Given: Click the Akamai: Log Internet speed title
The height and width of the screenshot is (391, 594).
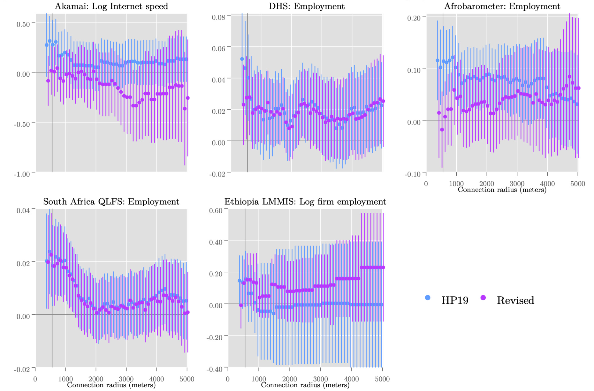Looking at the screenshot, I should click(111, 6).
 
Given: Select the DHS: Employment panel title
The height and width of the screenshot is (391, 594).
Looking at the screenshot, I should click(307, 6).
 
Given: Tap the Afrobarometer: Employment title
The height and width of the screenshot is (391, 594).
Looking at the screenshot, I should click(502, 6).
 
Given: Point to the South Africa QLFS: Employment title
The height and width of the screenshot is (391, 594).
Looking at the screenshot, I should click(111, 202).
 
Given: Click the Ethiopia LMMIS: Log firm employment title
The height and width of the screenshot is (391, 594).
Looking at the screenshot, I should click(305, 202).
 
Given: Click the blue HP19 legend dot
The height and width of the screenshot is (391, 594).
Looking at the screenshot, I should click(428, 298).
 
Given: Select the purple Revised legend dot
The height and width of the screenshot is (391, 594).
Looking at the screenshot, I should click(483, 298).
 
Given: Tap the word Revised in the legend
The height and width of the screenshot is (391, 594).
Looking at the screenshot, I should click(515, 301).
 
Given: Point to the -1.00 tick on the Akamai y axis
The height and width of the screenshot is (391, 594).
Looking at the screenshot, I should click(22, 174).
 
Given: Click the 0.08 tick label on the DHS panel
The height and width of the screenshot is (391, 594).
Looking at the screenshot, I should click(218, 17).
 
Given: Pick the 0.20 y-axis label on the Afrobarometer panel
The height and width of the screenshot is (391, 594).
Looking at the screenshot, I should click(414, 18).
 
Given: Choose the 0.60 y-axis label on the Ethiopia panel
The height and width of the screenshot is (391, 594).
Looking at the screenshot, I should click(216, 211).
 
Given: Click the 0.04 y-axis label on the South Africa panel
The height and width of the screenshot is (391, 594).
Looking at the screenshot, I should click(23, 211).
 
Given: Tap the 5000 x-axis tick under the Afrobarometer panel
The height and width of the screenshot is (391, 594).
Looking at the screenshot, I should click(578, 184).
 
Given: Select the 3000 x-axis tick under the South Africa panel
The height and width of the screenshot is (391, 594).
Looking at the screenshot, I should click(126, 379).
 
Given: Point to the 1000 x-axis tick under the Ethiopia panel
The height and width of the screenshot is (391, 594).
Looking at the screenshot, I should click(258, 379).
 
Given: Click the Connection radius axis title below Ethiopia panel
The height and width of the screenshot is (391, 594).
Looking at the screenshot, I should click(305, 385).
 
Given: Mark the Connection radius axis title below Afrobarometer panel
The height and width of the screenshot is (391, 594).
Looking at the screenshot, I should click(502, 190).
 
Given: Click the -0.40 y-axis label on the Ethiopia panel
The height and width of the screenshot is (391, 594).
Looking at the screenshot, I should click(214, 369).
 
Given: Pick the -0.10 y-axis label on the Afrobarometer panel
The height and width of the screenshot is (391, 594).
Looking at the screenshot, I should click(413, 174).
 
